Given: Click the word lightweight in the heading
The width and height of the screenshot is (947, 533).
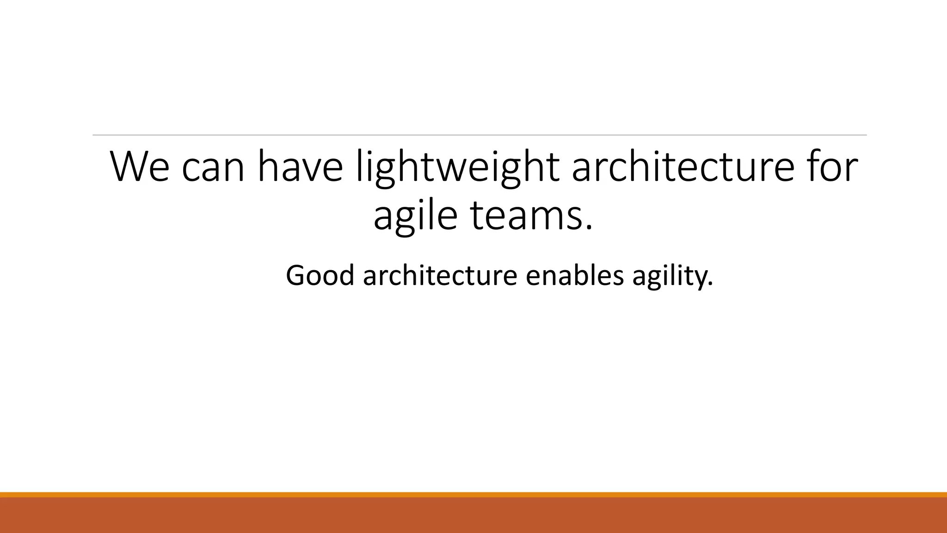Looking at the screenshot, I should coord(458,167).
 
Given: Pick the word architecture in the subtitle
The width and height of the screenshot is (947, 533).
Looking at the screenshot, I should coord(440,275).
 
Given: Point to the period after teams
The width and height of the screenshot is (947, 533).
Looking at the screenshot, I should coord(588,228).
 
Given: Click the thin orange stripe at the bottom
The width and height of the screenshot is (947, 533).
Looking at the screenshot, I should coord(473,495).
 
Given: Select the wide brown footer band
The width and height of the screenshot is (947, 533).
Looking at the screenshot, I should coord(473,515).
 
